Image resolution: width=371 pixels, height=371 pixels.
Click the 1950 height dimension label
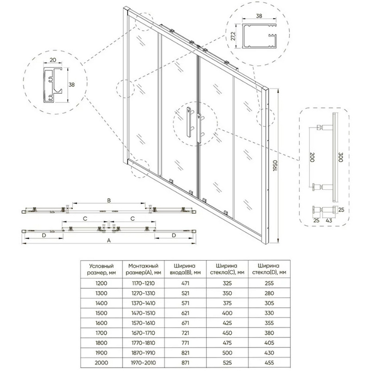[275, 166]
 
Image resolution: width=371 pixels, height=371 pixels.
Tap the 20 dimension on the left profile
[53, 60]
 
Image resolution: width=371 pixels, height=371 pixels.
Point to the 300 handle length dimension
[340, 157]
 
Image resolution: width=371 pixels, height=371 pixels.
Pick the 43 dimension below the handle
[329, 221]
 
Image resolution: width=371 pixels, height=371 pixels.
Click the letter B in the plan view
[109, 201]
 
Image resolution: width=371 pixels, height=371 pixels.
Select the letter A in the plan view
[109, 241]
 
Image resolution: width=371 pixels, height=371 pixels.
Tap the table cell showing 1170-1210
[143, 283]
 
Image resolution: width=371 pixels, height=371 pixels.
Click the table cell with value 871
[185, 363]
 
